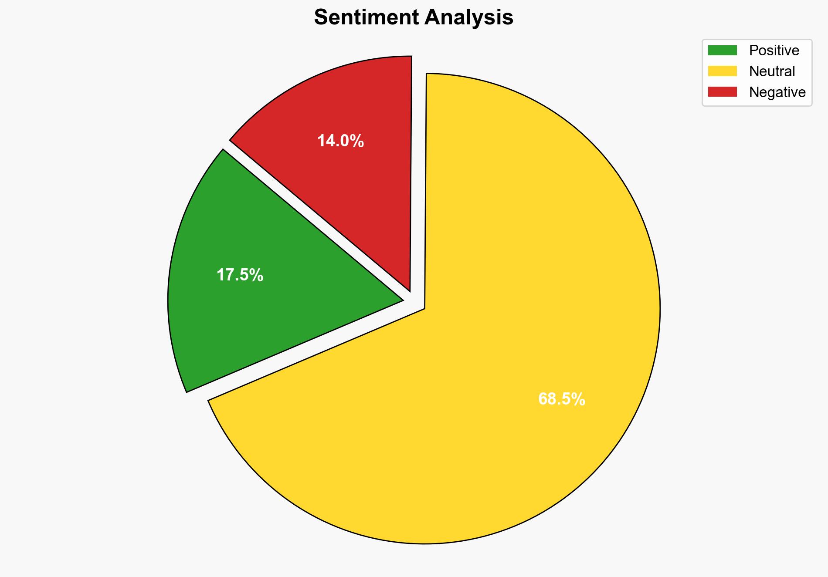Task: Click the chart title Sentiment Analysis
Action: click(x=414, y=17)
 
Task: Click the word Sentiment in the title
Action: click(x=366, y=17)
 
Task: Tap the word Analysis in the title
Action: click(x=469, y=17)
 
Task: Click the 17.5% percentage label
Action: click(x=240, y=275)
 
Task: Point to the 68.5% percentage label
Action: click(x=561, y=399)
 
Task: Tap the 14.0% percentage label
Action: click(x=340, y=141)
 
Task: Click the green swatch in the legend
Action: click(x=722, y=51)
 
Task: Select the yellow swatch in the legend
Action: click(x=722, y=71)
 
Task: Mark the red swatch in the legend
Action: click(x=722, y=92)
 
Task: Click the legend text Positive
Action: click(x=774, y=51)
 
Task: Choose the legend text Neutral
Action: click(x=772, y=71)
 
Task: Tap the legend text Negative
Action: click(x=777, y=92)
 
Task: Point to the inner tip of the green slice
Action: click(x=401, y=300)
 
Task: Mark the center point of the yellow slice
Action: click(x=425, y=309)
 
